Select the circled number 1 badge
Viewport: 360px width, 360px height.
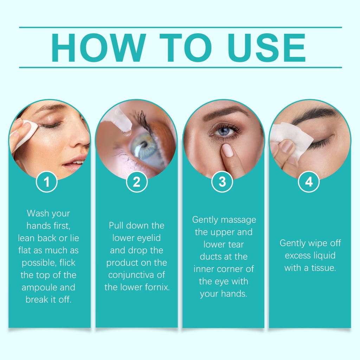(x=47, y=182)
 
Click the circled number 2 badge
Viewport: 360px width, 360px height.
(x=137, y=182)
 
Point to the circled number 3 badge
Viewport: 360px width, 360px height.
(x=222, y=182)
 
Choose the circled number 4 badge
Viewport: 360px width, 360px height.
(x=309, y=182)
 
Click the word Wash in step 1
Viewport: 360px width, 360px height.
(x=36, y=213)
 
